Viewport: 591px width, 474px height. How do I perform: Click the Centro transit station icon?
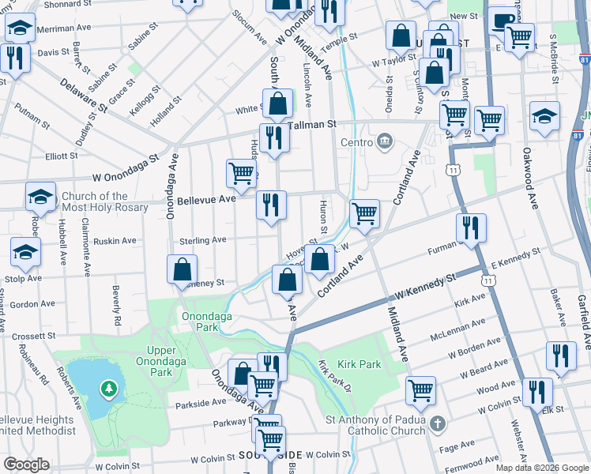coord(385,142)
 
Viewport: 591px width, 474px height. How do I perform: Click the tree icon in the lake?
coord(107,389)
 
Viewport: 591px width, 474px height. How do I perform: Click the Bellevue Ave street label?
coord(206,200)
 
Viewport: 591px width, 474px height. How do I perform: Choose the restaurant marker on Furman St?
coord(472,229)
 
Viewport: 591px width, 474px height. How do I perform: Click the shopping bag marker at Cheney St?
coord(183,269)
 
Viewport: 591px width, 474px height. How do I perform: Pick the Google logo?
coord(25,465)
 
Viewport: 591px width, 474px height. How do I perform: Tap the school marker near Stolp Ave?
coord(25,253)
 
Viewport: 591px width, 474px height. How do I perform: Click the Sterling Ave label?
coord(204,240)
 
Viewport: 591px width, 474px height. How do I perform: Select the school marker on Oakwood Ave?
coord(544,117)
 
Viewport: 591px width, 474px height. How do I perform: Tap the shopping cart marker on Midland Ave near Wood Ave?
coord(420,390)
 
